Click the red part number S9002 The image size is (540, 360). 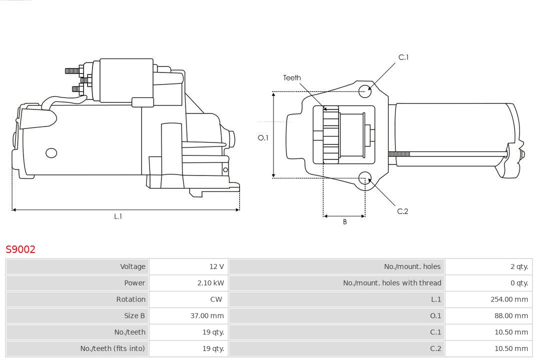tap(20, 249)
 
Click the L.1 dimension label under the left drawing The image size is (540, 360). tap(118, 216)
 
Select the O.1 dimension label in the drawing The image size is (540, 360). tap(263, 137)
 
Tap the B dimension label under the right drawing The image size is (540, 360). tap(344, 221)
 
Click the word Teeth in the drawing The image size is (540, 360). tap(292, 77)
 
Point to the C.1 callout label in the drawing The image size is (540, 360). tap(403, 57)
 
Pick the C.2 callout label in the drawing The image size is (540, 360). tap(402, 211)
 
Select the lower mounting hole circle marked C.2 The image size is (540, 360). tap(365, 178)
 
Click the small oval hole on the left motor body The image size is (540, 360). tap(51, 152)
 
